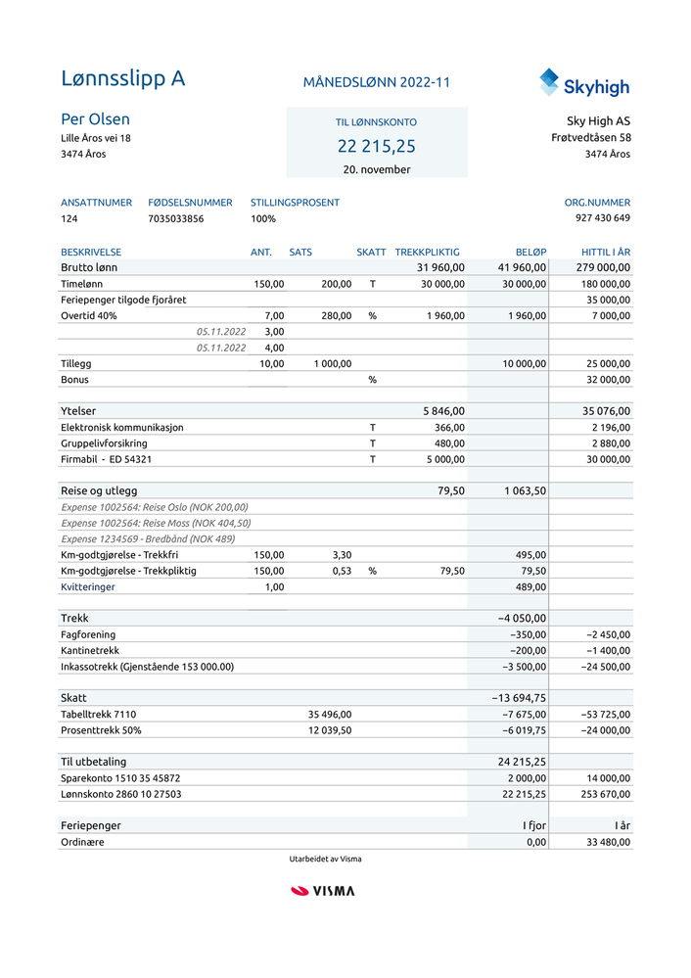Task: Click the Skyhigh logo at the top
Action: click(583, 83)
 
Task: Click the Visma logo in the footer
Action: click(323, 891)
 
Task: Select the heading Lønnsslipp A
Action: click(122, 79)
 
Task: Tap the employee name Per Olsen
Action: click(95, 119)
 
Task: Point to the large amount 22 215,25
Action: click(376, 147)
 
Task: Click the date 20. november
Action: click(376, 169)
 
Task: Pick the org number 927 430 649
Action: click(603, 218)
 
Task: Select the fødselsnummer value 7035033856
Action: click(176, 218)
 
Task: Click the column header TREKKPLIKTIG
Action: click(427, 253)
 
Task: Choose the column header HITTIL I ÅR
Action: click(605, 253)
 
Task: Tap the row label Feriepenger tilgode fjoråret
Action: click(123, 300)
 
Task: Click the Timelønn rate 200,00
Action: click(336, 284)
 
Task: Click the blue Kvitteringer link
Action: click(87, 586)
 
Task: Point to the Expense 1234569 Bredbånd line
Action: click(148, 538)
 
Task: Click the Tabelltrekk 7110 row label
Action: click(98, 715)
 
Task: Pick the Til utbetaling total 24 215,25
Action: click(522, 762)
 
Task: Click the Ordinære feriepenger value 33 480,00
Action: click(608, 842)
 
